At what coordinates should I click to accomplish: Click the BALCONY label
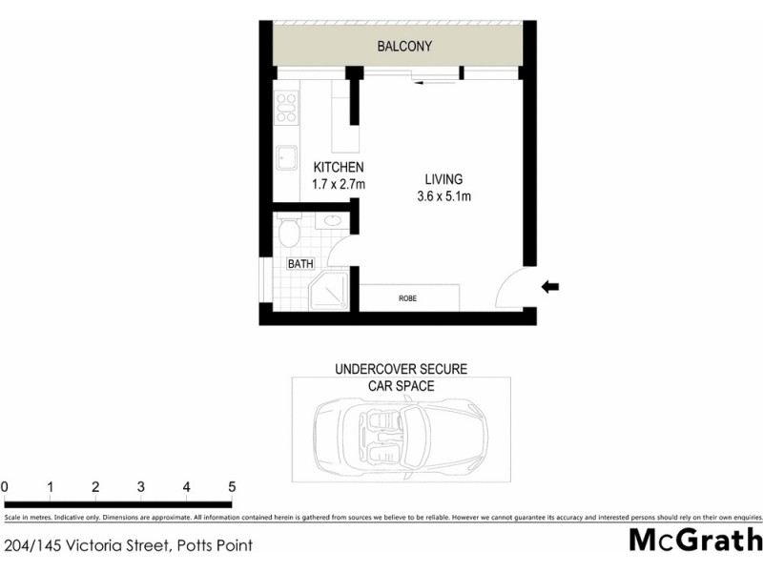pyautogui.click(x=404, y=46)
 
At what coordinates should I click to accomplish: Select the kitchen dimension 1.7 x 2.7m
pyautogui.click(x=340, y=185)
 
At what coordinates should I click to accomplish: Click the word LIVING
pyautogui.click(x=443, y=179)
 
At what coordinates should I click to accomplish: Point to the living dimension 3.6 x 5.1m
pyautogui.click(x=443, y=196)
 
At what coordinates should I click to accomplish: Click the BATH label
pyautogui.click(x=300, y=264)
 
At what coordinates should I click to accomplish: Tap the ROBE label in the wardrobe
pyautogui.click(x=407, y=298)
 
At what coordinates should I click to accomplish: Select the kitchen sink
pyautogui.click(x=285, y=157)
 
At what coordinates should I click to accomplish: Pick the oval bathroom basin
pyautogui.click(x=334, y=221)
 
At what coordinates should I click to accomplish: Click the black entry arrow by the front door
pyautogui.click(x=550, y=286)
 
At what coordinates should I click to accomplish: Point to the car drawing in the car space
pyautogui.click(x=401, y=429)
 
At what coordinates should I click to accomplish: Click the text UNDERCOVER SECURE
pyautogui.click(x=401, y=369)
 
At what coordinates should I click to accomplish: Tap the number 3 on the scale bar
pyautogui.click(x=141, y=487)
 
